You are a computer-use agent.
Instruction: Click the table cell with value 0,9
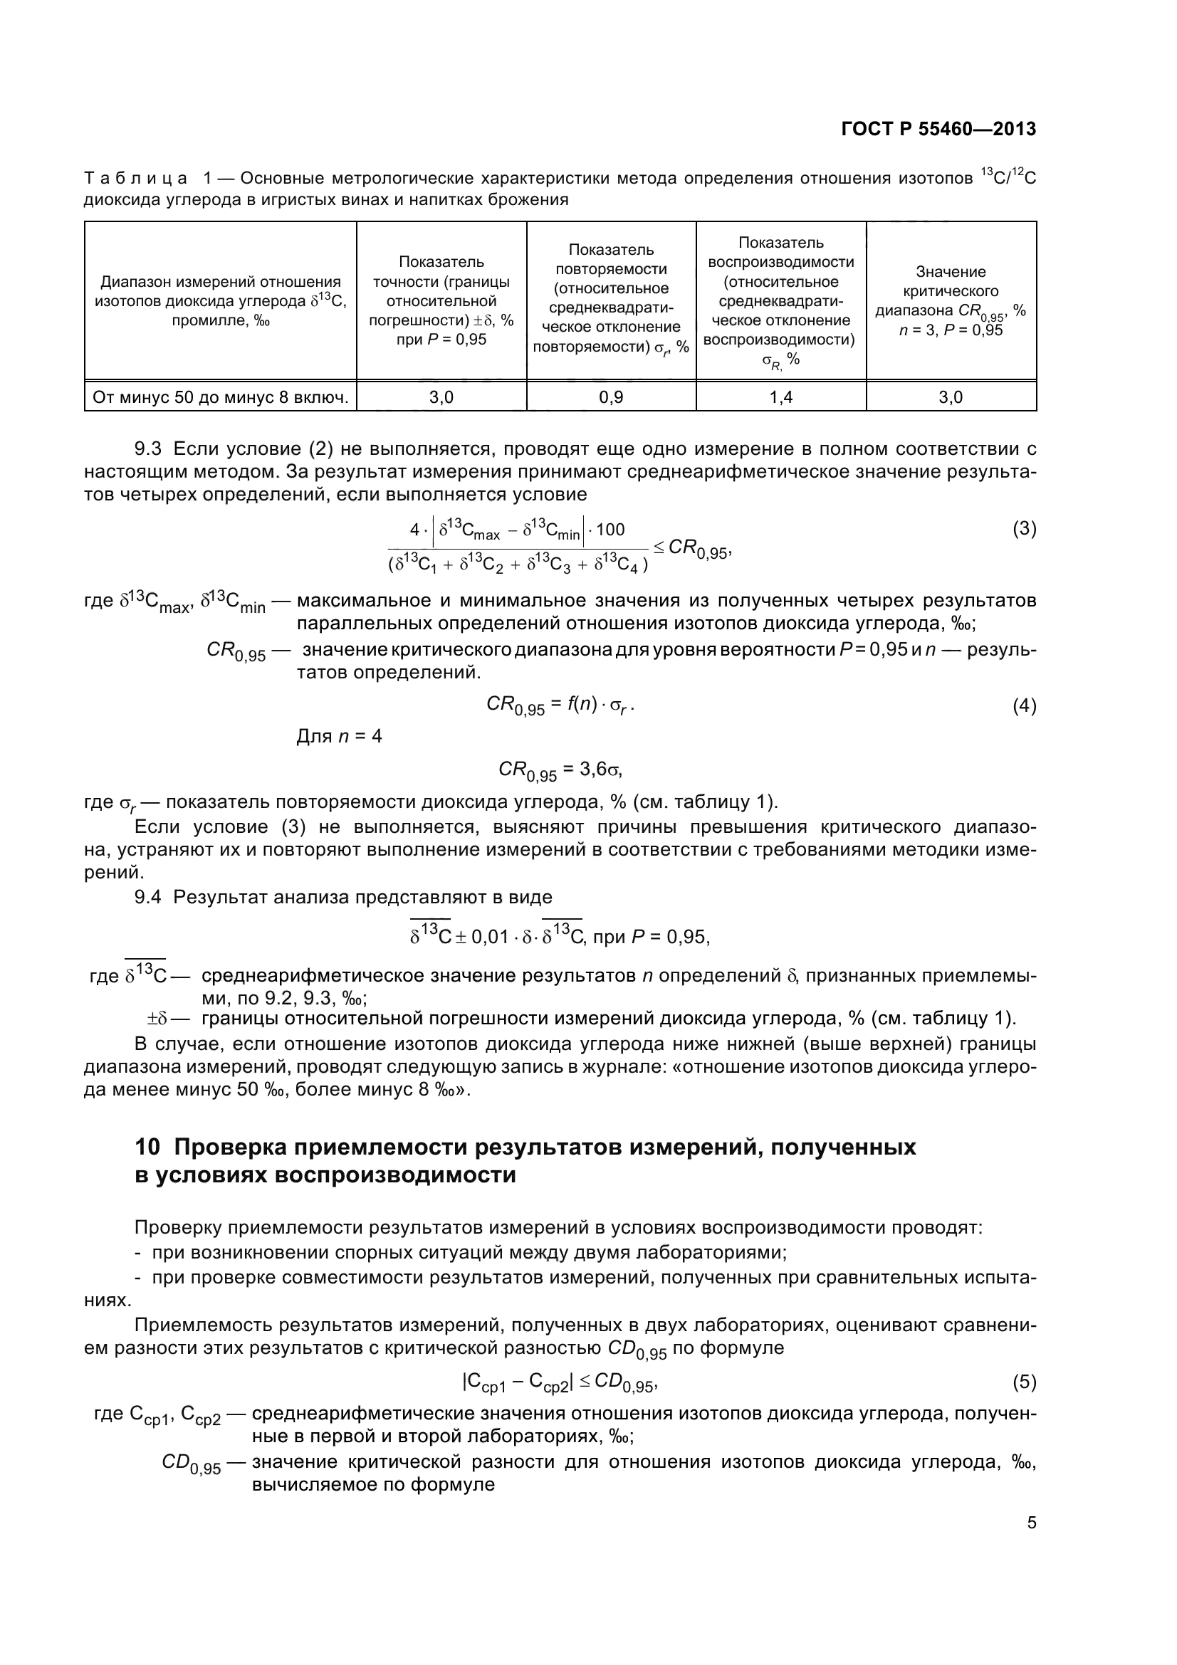(x=611, y=396)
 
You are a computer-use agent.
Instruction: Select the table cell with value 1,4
(x=780, y=396)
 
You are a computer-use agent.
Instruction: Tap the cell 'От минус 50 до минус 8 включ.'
(x=221, y=396)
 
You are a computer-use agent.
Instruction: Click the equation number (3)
(x=1023, y=529)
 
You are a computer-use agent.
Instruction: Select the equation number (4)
(x=1023, y=705)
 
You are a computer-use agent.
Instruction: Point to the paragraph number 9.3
(x=149, y=450)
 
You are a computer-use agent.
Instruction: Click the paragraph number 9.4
(x=149, y=897)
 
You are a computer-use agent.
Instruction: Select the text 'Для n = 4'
(x=339, y=737)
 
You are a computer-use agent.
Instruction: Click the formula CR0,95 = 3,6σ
(x=559, y=771)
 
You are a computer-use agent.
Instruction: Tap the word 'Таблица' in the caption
(x=136, y=179)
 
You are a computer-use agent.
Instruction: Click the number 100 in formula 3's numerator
(x=610, y=530)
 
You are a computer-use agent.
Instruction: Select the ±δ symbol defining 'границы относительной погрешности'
(x=157, y=1018)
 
